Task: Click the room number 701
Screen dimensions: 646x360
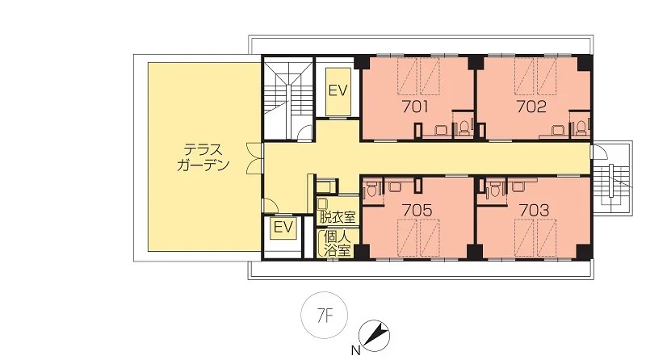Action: point(415,107)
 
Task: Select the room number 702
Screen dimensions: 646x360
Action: point(531,107)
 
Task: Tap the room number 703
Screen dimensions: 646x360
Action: point(534,211)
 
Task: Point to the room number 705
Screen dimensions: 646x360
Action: point(417,211)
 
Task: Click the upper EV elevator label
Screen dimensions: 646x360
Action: point(338,90)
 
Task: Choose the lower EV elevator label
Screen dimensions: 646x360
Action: point(283,228)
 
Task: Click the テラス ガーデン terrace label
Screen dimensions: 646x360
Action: point(203,157)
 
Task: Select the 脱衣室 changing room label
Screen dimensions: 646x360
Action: point(338,216)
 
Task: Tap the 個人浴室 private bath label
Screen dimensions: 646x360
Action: point(337,244)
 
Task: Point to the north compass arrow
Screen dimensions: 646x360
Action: point(374,336)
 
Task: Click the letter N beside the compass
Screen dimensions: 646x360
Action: point(355,351)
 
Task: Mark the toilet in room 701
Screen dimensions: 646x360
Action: point(464,128)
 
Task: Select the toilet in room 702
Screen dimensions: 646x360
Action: point(581,128)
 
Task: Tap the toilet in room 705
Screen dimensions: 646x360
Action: point(372,190)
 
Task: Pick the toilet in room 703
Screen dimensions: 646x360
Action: point(494,190)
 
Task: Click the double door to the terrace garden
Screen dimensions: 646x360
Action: point(254,157)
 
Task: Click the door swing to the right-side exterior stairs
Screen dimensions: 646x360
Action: point(600,153)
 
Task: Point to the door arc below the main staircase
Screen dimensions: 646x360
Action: point(305,132)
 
